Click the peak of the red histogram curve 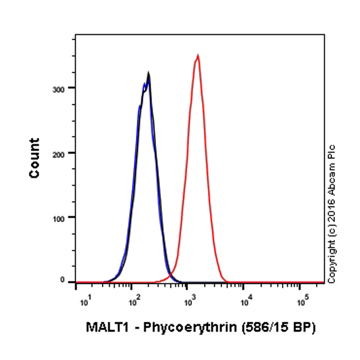coord(197,55)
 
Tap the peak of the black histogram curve coord(148,74)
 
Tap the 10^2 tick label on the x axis coord(134,297)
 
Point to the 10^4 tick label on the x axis coord(246,297)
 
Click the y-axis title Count coord(34,158)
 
